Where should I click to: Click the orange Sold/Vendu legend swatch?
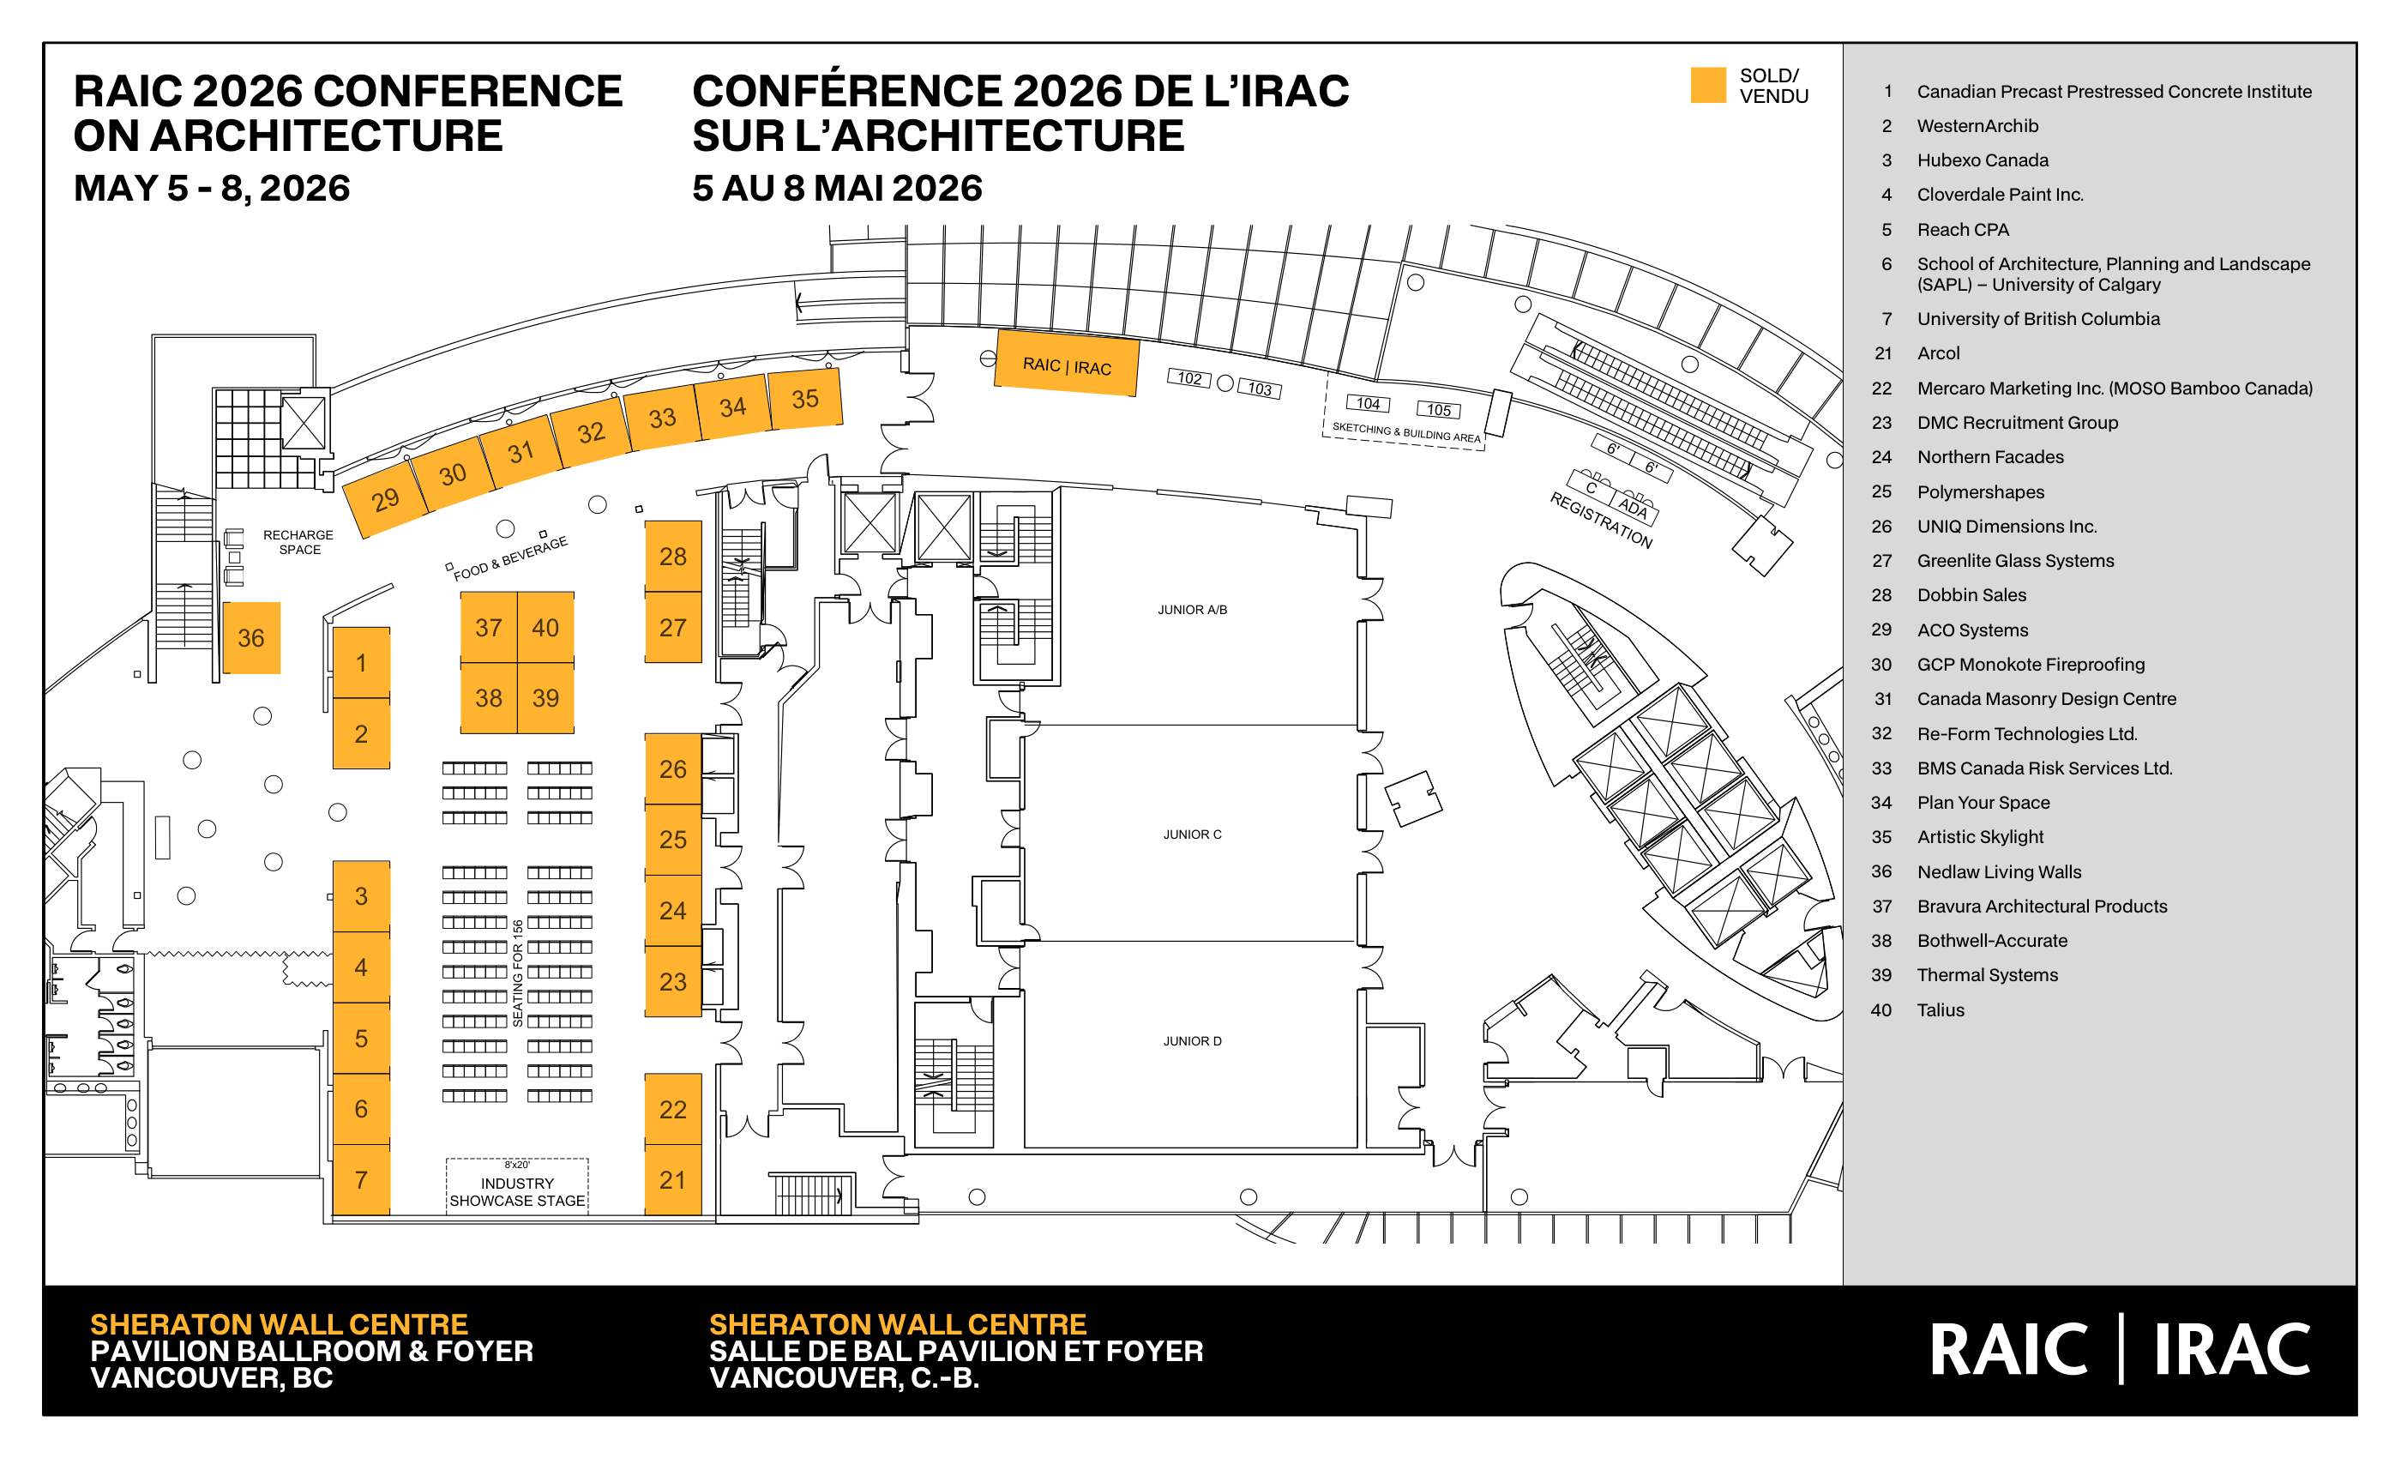[1707, 85]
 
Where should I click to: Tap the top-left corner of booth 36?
[223, 602]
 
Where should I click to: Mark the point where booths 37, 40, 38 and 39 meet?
[517, 663]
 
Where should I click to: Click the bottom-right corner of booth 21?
[701, 1214]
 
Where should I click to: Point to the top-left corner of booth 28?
[645, 521]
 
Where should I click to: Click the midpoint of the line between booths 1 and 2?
[362, 698]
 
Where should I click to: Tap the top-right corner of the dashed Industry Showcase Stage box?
[588, 1159]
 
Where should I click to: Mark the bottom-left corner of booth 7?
[334, 1214]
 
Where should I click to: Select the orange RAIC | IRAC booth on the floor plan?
[1067, 364]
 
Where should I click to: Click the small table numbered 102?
[1188, 378]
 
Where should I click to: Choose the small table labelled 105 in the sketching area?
[1438, 409]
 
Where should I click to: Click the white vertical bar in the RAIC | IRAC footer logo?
[2121, 1349]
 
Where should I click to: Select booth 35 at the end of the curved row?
[805, 399]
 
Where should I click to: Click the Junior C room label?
[1192, 834]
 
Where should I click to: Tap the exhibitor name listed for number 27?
[2015, 560]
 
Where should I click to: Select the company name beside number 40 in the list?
[1940, 1009]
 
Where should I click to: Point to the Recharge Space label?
[298, 542]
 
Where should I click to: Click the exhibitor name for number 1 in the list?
[2114, 92]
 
